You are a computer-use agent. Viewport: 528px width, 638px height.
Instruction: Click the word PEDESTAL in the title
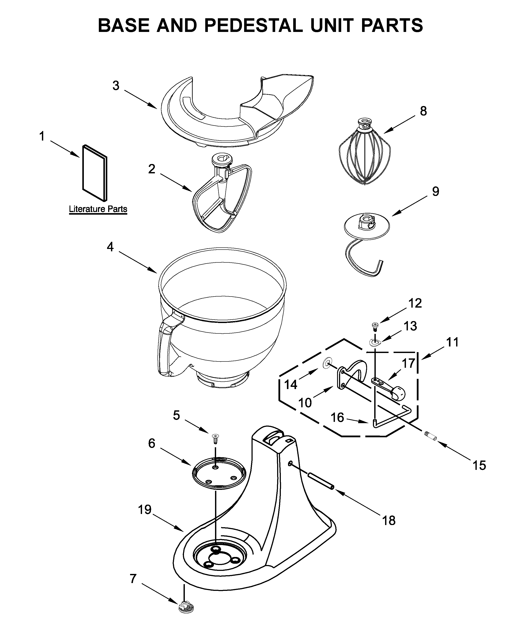(253, 25)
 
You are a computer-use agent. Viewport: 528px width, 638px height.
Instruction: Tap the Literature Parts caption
(98, 209)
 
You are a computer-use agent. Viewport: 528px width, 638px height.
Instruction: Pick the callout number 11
(452, 342)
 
